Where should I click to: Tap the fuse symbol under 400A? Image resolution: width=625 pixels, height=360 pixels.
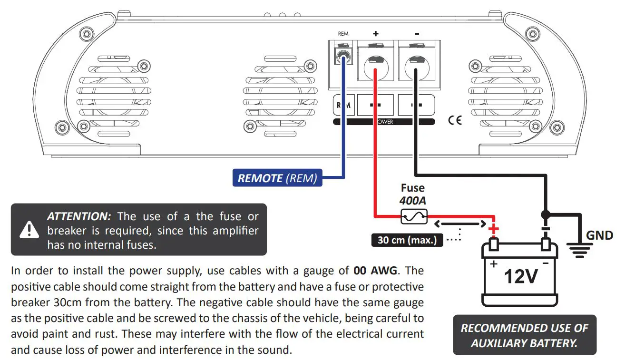(413, 217)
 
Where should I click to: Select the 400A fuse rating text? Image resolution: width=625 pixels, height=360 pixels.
(412, 201)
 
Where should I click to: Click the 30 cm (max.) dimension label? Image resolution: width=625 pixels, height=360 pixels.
(407, 240)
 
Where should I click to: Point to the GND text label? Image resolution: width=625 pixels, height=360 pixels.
(599, 235)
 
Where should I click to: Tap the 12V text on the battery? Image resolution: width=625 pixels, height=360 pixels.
(521, 276)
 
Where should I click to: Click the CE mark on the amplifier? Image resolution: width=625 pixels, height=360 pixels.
(455, 120)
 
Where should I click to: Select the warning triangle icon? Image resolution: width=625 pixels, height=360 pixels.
(29, 230)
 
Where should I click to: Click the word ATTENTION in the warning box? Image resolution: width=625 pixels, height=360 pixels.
(79, 216)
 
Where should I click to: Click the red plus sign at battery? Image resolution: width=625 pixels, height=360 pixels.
(494, 230)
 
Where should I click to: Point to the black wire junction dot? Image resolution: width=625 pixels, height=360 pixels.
(546, 214)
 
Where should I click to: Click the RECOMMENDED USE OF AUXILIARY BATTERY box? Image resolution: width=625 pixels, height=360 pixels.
(524, 335)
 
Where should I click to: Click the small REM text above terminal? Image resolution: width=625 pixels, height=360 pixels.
(342, 34)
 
